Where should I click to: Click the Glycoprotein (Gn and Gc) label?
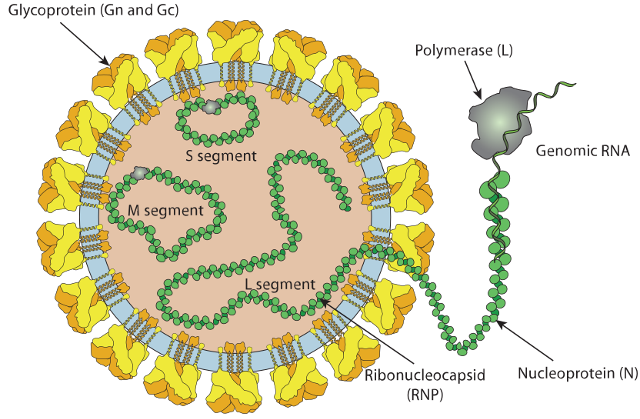tap(93, 10)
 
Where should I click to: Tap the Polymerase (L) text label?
tap(464, 51)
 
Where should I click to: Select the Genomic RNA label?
tap(583, 151)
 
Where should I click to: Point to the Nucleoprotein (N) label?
tap(578, 373)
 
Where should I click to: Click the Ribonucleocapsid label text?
tap(425, 375)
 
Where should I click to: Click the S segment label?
tap(221, 156)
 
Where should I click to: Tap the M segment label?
tap(165, 211)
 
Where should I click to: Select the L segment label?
tap(280, 284)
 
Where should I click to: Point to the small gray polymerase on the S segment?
tap(211, 107)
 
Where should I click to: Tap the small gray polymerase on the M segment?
tap(140, 173)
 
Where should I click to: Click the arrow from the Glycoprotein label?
tap(85, 44)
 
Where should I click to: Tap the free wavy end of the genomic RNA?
tap(575, 84)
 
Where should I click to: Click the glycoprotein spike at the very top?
tap(235, 43)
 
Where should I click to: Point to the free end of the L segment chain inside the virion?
tap(347, 208)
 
